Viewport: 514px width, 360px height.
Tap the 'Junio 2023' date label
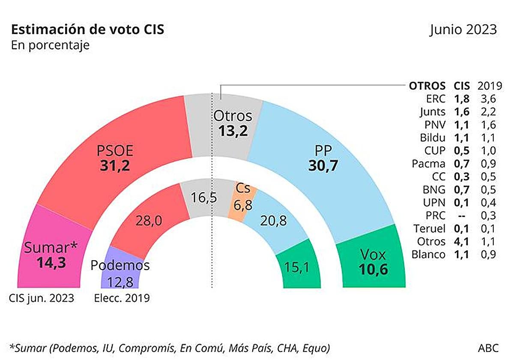(463, 30)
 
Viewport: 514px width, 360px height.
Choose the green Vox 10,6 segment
(372, 261)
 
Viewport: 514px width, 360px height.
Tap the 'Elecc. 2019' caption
(122, 298)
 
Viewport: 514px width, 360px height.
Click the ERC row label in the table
(436, 99)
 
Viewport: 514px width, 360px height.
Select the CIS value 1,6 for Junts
(462, 112)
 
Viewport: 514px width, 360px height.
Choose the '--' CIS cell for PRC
(462, 215)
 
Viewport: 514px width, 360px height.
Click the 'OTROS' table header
(427, 86)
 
